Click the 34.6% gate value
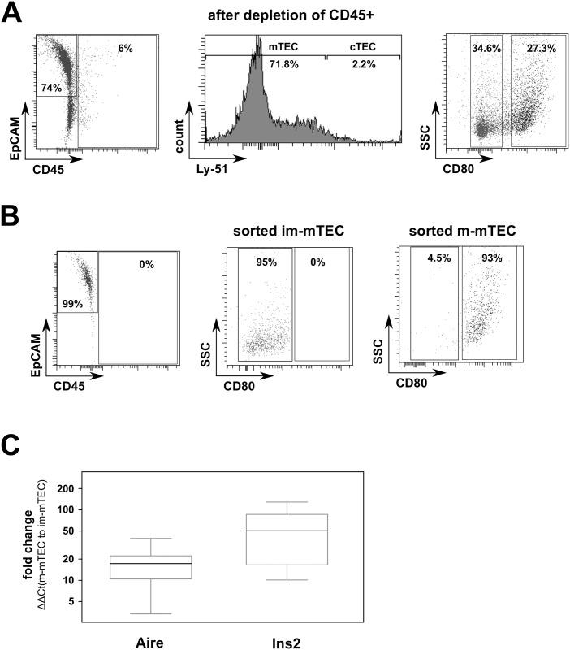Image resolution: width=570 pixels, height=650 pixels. coord(486,50)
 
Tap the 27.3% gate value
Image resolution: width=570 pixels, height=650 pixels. coord(537,50)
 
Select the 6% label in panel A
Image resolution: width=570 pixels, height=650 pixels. coord(124,49)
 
